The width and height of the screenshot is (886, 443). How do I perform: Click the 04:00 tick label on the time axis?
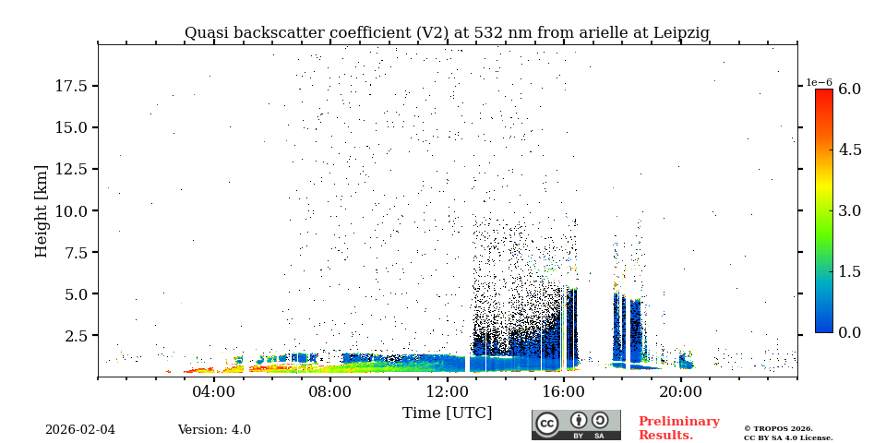[x=214, y=391]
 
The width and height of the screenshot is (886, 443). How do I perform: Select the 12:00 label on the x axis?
[x=448, y=391]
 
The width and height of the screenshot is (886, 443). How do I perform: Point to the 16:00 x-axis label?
[x=564, y=391]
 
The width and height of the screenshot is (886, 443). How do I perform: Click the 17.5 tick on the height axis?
[x=71, y=86]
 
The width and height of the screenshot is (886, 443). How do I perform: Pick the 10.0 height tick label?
[x=71, y=210]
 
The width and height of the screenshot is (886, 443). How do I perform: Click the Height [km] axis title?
[x=42, y=211]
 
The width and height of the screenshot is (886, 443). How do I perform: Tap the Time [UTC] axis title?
[x=447, y=413]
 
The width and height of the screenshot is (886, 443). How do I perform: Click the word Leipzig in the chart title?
[x=681, y=33]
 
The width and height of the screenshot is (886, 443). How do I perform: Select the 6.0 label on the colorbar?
[x=849, y=90]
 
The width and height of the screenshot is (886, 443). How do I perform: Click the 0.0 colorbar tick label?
[x=849, y=332]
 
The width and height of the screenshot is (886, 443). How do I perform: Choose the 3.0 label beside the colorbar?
[x=849, y=211]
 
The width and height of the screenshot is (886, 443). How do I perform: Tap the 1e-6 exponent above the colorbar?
[x=820, y=82]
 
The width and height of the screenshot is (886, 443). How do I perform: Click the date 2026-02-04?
[x=80, y=430]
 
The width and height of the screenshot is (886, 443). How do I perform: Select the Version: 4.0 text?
[x=214, y=430]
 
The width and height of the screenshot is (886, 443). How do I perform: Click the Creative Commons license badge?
[x=576, y=425]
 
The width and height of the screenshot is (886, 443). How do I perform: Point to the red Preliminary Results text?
[x=678, y=428]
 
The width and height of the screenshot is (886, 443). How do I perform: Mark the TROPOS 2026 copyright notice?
[x=788, y=433]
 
